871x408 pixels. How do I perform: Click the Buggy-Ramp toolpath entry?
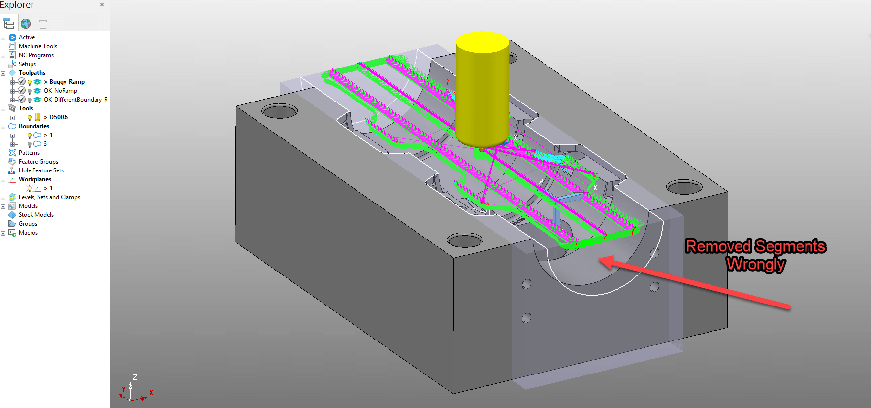click(66, 82)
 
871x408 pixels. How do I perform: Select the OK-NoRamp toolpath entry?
click(60, 91)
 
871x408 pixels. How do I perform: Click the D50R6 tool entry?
click(58, 117)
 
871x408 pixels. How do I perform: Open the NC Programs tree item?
click(36, 55)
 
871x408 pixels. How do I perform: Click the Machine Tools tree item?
click(37, 46)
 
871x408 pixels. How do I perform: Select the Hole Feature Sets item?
click(41, 170)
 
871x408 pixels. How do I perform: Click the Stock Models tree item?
click(36, 215)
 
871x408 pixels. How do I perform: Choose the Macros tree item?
click(28, 233)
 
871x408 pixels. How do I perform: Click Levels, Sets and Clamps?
click(49, 197)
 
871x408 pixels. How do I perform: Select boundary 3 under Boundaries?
click(45, 144)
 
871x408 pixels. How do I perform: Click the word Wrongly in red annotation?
click(755, 265)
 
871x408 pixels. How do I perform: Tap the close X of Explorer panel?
click(102, 5)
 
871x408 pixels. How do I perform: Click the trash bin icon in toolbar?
click(43, 24)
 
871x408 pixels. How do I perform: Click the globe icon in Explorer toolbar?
click(26, 24)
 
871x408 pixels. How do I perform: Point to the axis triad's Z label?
click(135, 377)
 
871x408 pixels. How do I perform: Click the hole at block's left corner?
click(279, 112)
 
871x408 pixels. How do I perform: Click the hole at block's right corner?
click(684, 187)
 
